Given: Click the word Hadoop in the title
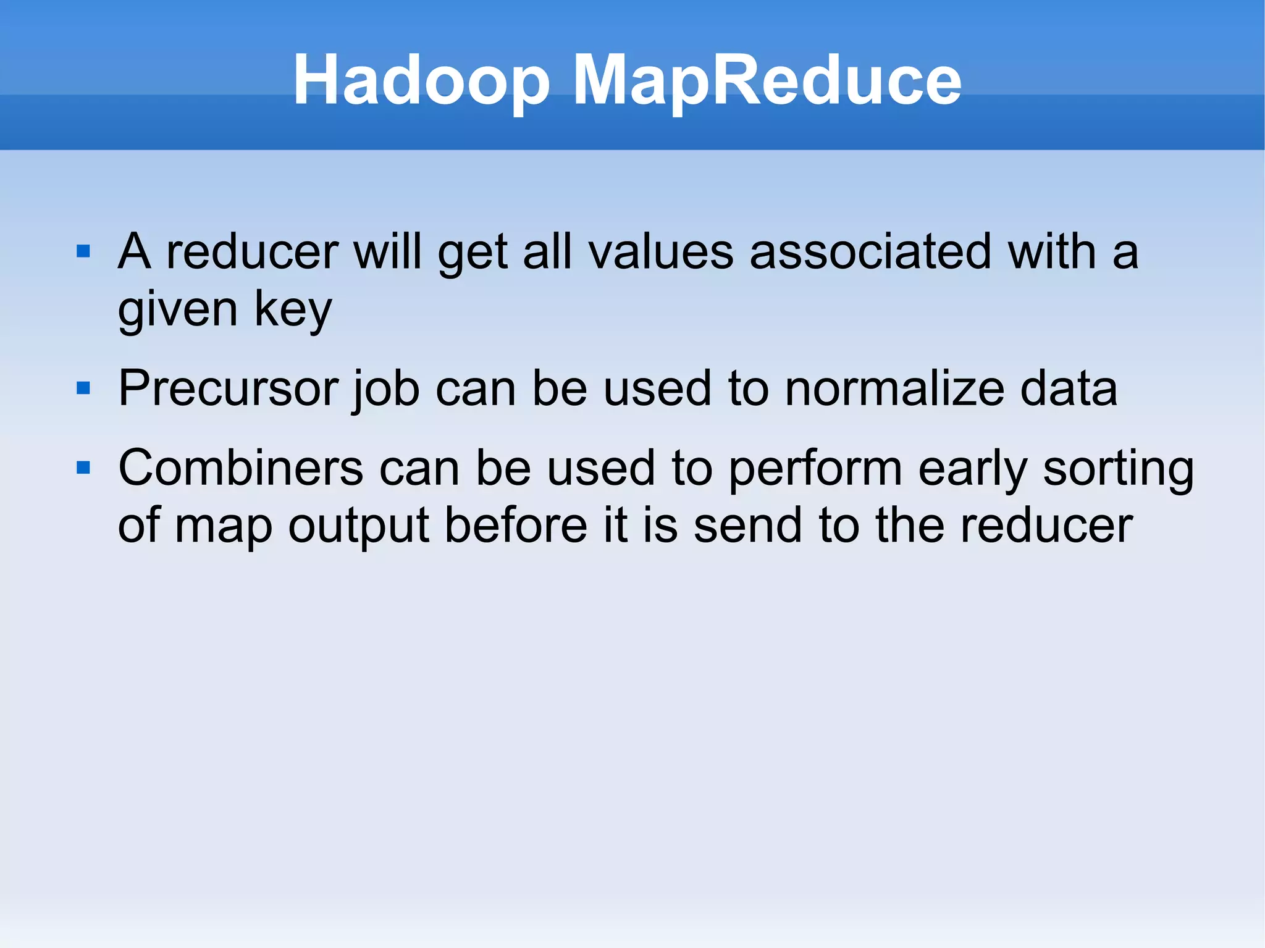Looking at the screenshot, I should [421, 80].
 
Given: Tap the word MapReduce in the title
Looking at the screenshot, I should [767, 80].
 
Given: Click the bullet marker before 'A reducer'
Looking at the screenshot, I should [83, 251].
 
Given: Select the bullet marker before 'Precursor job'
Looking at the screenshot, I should [83, 388].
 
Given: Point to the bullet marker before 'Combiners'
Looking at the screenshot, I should [83, 468].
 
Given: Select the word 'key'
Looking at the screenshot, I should [293, 310].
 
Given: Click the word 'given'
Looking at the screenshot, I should [178, 310].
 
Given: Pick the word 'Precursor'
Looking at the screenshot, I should [229, 389].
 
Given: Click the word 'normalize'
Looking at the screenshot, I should [894, 389].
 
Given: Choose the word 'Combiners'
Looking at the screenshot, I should [241, 468].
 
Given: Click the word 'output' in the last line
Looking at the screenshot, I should [359, 526].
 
